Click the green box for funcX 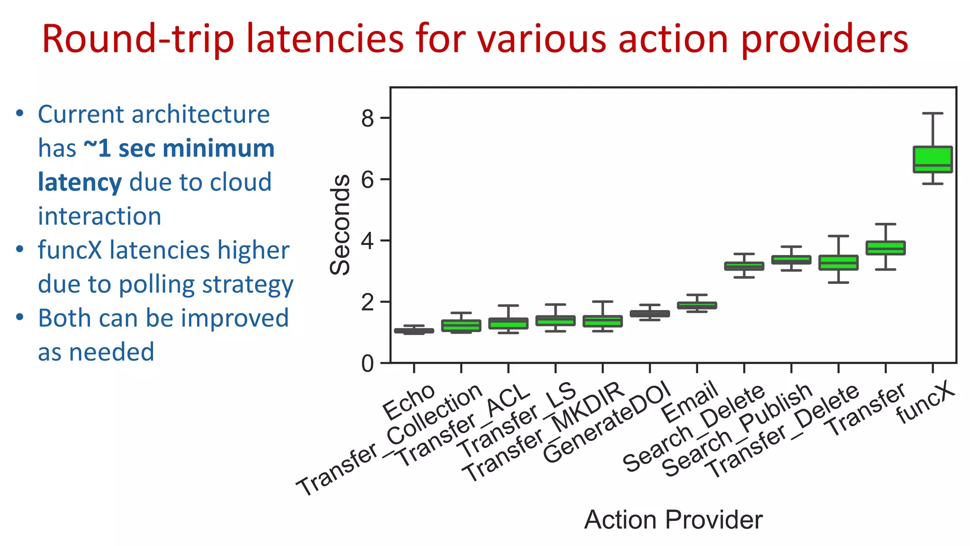(932, 159)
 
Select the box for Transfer (885, 248)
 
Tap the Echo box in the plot (414, 331)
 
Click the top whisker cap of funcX (932, 113)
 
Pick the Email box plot (697, 305)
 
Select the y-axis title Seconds (340, 225)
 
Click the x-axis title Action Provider (673, 520)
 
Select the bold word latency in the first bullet (80, 182)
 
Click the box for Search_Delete (744, 266)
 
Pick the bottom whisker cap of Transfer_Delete (838, 282)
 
